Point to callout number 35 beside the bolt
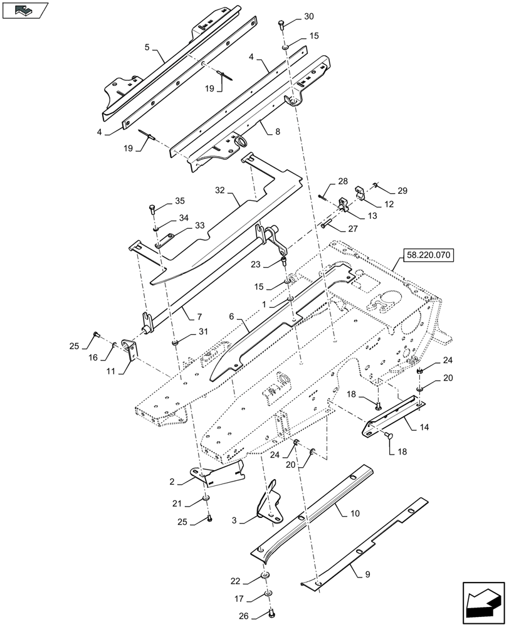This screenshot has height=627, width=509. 179,201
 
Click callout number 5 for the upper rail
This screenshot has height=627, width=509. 146,47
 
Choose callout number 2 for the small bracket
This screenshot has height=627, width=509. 172,482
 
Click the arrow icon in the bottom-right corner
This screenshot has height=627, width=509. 483,603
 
